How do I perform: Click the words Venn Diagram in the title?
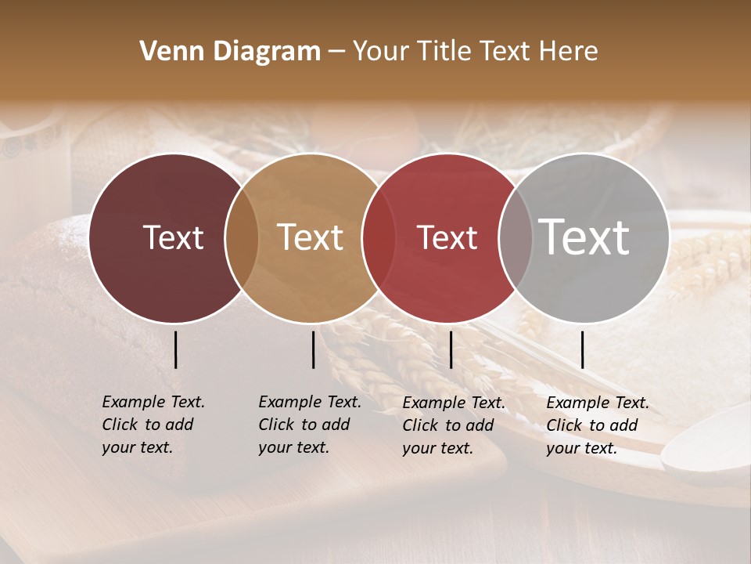tap(230, 52)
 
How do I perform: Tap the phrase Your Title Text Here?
tap(475, 52)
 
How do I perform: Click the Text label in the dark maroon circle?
tap(173, 237)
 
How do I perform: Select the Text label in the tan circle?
tap(311, 237)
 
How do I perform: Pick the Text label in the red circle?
tap(447, 237)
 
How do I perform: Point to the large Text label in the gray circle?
tap(584, 237)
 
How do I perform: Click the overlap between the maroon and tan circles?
tap(242, 237)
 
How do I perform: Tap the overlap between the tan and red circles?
tap(379, 237)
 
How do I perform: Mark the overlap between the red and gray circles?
tap(516, 237)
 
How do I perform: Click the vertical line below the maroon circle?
tap(175, 349)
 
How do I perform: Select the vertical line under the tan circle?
tap(313, 349)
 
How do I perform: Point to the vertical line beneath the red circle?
tap(451, 349)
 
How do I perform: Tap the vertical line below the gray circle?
tap(582, 349)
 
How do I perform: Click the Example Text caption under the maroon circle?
tap(153, 425)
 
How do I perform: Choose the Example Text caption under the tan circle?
tap(310, 425)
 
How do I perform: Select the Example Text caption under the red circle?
tap(454, 425)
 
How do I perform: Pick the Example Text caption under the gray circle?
tap(598, 425)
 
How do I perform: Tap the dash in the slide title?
tap(336, 52)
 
